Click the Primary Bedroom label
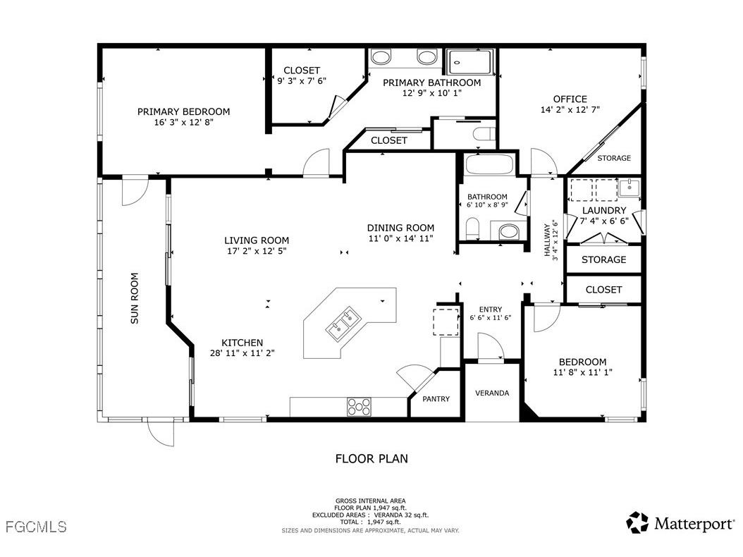point(183,111)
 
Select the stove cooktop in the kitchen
point(358,406)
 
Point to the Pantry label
point(436,399)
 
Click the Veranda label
point(491,393)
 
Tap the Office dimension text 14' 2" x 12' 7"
point(570,109)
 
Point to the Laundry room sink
point(628,188)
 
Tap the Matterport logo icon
point(637,522)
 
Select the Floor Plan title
point(371,459)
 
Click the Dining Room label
point(400,228)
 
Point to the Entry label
point(490,309)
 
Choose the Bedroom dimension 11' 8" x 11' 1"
point(582,372)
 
